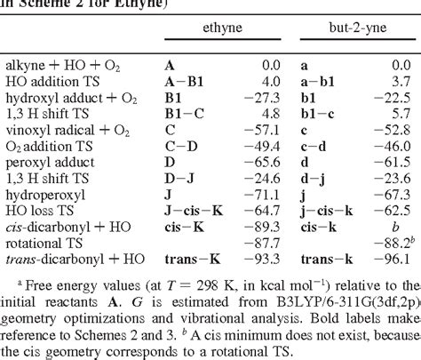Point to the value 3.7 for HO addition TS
tap(401, 77)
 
